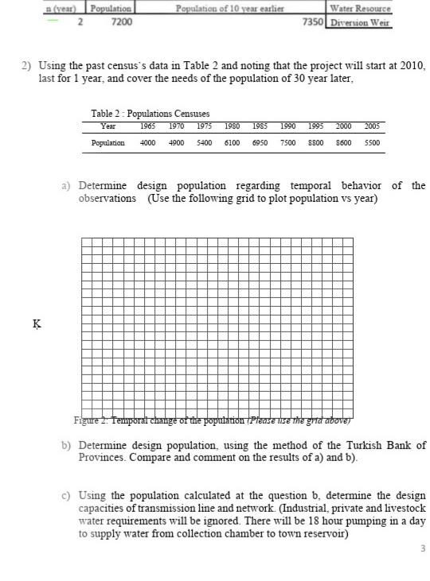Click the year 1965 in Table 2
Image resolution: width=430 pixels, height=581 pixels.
point(148,126)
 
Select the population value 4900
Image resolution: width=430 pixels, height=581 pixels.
point(176,143)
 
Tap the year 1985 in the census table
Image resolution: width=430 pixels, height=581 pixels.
point(260,126)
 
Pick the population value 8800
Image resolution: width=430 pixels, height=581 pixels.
point(315,143)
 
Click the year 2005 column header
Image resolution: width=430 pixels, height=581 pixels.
point(371,126)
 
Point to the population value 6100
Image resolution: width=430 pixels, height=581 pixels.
point(232,143)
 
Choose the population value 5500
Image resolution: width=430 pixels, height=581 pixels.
point(371,143)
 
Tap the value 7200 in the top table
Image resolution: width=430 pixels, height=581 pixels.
point(121,21)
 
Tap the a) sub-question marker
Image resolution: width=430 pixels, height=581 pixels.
point(67,185)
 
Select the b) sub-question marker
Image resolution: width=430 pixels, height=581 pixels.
point(67,445)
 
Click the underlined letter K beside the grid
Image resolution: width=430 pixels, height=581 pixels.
point(36,323)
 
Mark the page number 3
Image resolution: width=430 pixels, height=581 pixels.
point(423,548)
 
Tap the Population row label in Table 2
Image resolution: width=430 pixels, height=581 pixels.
point(108,143)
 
